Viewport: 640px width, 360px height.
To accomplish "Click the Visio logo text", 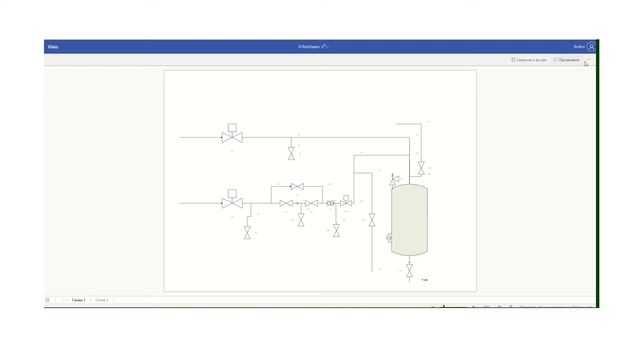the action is [53, 46].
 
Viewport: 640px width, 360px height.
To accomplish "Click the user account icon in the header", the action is [592, 46].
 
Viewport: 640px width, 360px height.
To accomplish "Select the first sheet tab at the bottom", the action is [78, 299].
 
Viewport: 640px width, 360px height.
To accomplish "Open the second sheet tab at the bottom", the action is [101, 299].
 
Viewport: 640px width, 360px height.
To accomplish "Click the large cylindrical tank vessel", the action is [409, 219].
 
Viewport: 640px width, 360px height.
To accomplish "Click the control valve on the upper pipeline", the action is [232, 137].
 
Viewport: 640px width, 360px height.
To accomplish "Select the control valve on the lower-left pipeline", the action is [232, 203].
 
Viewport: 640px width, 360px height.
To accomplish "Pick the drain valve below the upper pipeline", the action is [291, 153].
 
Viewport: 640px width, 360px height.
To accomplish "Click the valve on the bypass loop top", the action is [296, 186].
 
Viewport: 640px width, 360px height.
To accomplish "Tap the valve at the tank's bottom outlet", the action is [410, 270].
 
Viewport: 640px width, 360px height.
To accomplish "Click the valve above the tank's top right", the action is [421, 166].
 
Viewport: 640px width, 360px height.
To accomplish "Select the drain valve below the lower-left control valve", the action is [247, 232].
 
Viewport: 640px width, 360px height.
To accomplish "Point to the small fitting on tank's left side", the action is [388, 237].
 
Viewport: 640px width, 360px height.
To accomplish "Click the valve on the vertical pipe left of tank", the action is [372, 219].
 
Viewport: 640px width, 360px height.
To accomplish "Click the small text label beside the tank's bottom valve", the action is [425, 279].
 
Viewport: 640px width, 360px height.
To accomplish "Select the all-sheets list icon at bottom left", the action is [47, 299].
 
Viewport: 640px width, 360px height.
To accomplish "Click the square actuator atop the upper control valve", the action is [232, 127].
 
